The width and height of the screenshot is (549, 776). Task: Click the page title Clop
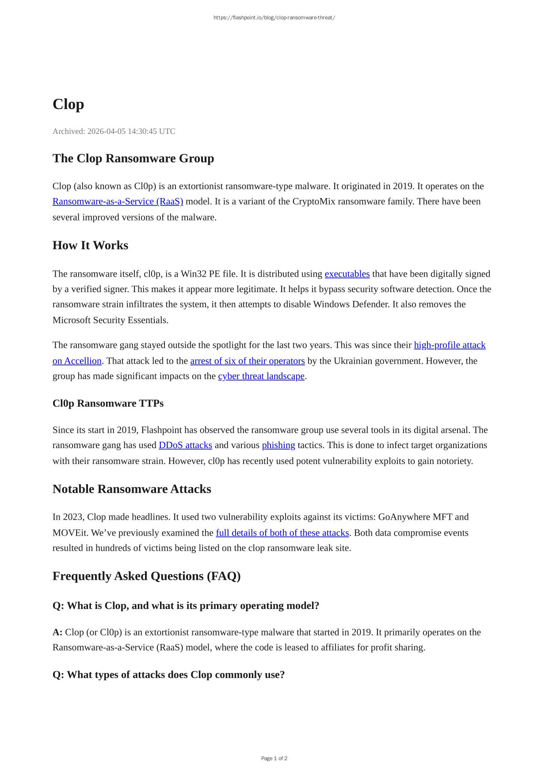pos(68,104)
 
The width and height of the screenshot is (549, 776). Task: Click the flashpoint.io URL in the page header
pos(274,18)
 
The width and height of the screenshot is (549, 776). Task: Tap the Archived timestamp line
pos(114,131)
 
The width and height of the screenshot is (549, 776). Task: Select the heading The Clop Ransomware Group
pos(133,158)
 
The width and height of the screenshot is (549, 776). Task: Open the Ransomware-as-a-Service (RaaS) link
pos(118,202)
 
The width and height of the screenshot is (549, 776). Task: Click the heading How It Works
pos(90,245)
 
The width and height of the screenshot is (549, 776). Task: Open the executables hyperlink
pos(347,274)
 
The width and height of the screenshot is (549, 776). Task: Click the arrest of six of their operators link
pos(247,361)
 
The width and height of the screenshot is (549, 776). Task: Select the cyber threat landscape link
pos(261,376)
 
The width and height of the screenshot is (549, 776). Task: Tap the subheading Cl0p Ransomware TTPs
pos(108,403)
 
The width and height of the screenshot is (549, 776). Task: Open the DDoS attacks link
pos(185,445)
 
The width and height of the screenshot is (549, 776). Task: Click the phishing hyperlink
pos(278,445)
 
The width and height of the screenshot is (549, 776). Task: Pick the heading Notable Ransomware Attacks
pos(132,489)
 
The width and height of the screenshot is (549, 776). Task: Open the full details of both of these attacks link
pos(282,533)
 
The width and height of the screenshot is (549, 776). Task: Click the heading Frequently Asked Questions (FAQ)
pos(146,576)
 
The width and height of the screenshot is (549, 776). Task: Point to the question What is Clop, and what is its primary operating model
pos(186,605)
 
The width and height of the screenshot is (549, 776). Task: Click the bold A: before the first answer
pos(57,632)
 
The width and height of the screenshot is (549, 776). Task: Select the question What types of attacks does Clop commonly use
pos(168,675)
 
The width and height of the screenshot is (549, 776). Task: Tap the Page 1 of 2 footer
pos(274,758)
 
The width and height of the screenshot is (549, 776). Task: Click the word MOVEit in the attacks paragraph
pos(70,533)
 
